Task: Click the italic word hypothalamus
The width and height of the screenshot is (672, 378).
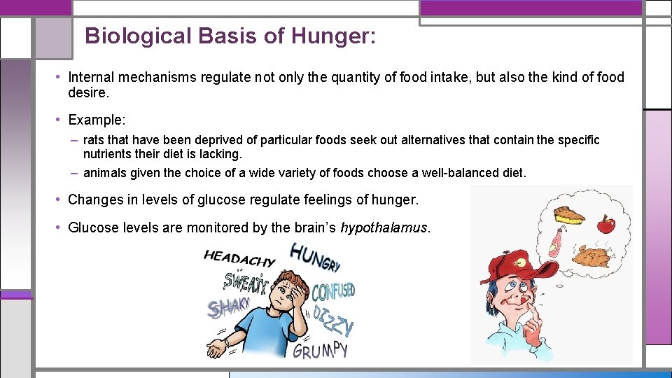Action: (383, 228)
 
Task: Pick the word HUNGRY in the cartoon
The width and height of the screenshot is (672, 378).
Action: (314, 257)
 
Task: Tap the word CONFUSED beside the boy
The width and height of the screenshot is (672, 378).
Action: (332, 290)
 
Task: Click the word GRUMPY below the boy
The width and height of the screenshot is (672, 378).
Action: (320, 349)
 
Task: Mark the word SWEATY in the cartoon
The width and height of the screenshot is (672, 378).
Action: (245, 281)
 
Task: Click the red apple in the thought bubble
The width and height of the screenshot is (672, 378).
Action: (605, 225)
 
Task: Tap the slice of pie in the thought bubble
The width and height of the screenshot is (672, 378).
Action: (568, 213)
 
